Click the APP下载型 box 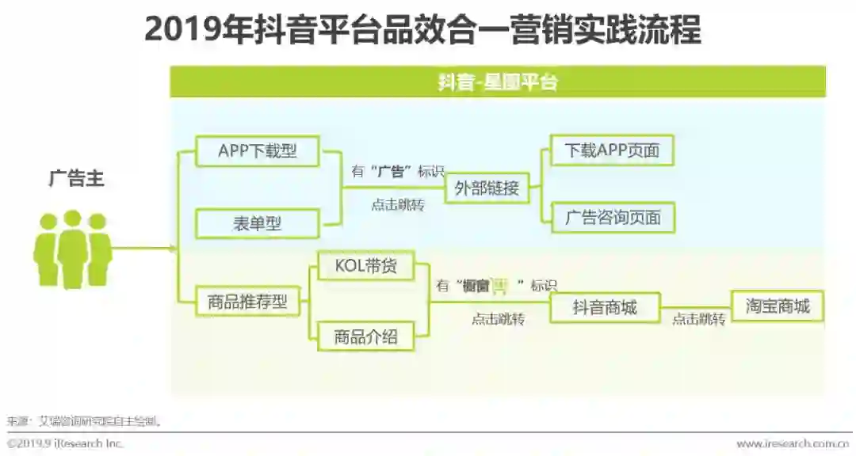point(257,150)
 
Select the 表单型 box point(257,223)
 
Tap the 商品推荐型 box point(247,302)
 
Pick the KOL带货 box point(365,266)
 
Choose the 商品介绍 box point(365,336)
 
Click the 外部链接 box point(487,188)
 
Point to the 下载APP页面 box point(612,150)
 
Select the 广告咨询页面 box point(612,218)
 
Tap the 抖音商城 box point(605,307)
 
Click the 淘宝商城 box point(778,306)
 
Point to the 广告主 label point(76,179)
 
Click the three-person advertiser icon point(72,249)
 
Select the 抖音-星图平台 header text point(498,82)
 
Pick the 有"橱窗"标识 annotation point(497,286)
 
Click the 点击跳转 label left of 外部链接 point(398,205)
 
